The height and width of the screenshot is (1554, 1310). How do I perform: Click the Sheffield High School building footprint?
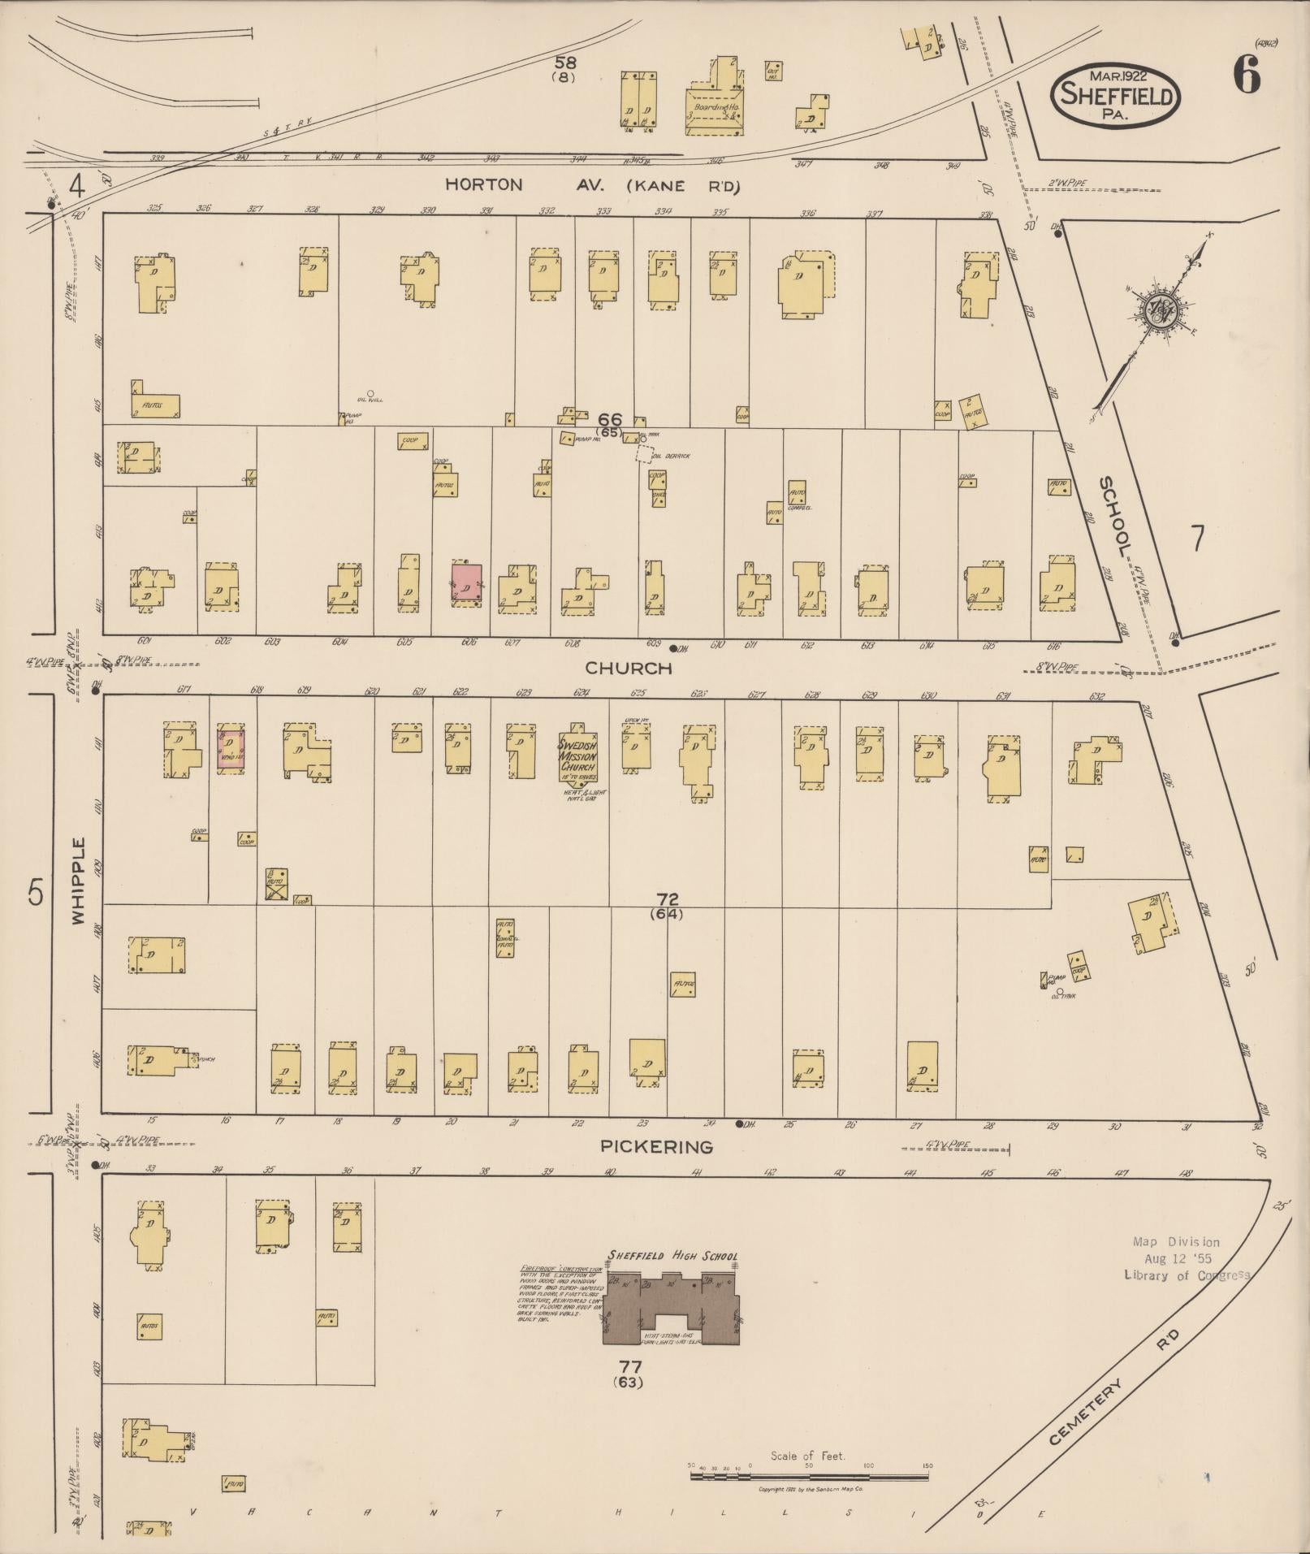[x=671, y=1309]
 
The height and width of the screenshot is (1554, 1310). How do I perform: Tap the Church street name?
[x=629, y=669]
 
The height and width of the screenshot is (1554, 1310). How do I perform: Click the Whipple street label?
[x=78, y=881]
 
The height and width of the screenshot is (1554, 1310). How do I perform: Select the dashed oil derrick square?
[x=644, y=453]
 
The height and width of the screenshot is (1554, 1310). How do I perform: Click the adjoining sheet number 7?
[x=1196, y=539]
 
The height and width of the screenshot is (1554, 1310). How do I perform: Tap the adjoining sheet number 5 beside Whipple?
[x=35, y=892]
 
